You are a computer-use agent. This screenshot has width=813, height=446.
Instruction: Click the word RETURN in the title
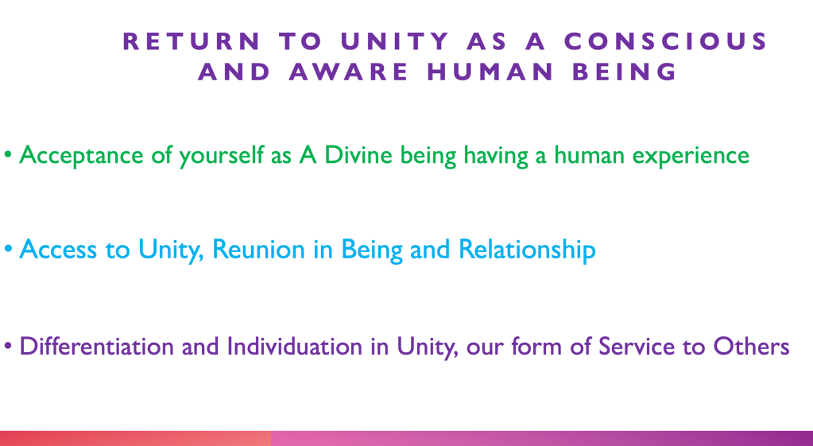coord(192,41)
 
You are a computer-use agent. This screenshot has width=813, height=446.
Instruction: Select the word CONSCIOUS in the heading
coord(666,41)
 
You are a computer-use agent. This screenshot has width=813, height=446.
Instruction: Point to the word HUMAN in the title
coord(490,72)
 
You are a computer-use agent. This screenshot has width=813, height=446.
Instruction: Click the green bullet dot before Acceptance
coord(8,155)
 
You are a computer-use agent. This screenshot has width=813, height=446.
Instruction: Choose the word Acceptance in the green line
coord(81,156)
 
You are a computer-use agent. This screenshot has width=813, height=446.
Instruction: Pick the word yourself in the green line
coord(222,156)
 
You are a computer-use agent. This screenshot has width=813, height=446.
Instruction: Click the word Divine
coord(358,155)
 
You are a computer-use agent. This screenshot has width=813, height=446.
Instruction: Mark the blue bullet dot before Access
coord(8,249)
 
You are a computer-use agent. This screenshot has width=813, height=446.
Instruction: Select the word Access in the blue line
coord(58,250)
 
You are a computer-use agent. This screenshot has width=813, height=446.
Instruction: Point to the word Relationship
coord(528,250)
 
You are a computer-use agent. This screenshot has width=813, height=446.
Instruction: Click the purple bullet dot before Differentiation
coord(8,346)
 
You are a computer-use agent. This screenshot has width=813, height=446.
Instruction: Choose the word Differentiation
coord(96,346)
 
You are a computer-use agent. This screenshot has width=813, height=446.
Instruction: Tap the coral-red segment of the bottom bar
coord(135,438)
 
